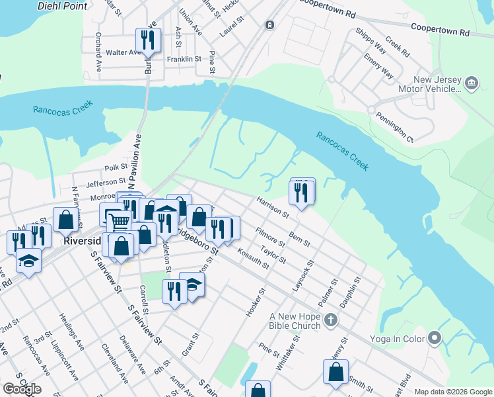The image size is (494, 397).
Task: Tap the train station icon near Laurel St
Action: click(269, 25)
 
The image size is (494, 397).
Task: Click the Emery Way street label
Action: click(378, 66)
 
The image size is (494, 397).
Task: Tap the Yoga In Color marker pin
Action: click(434, 338)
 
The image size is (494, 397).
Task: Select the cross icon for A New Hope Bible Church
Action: click(332, 321)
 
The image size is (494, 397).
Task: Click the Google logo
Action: click(22, 388)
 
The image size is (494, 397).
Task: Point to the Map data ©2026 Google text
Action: click(453, 392)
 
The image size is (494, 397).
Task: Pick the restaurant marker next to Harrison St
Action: click(301, 193)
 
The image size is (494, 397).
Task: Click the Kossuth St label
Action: click(255, 256)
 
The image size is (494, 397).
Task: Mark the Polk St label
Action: click(115, 169)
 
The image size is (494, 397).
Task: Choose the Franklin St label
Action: click(183, 59)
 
